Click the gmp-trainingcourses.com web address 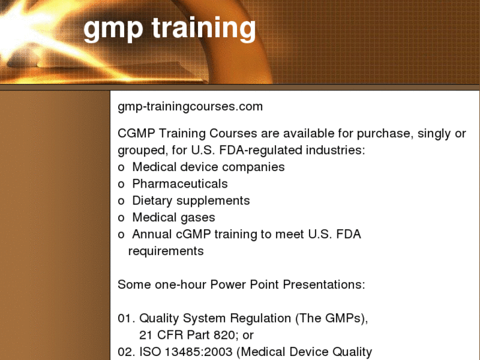click(190, 106)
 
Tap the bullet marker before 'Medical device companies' click(121, 168)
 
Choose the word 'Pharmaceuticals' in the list click(180, 184)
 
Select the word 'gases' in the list click(199, 217)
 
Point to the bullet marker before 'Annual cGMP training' click(121, 234)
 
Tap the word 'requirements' click(166, 251)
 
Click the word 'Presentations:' click(324, 285)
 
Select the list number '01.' click(126, 318)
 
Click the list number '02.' click(126, 352)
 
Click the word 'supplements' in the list click(214, 201)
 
